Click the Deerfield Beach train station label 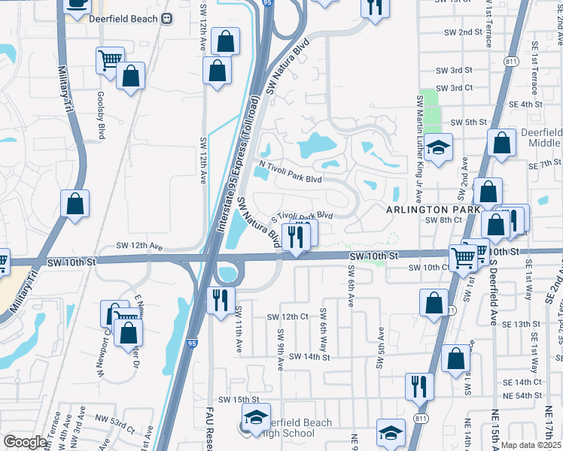click(122, 19)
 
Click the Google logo click(25, 443)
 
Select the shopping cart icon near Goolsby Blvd click(110, 59)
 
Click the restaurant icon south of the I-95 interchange click(221, 300)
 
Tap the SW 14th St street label click(309, 356)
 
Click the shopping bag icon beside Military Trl click(76, 203)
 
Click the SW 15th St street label click(239, 399)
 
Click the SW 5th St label click(469, 122)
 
